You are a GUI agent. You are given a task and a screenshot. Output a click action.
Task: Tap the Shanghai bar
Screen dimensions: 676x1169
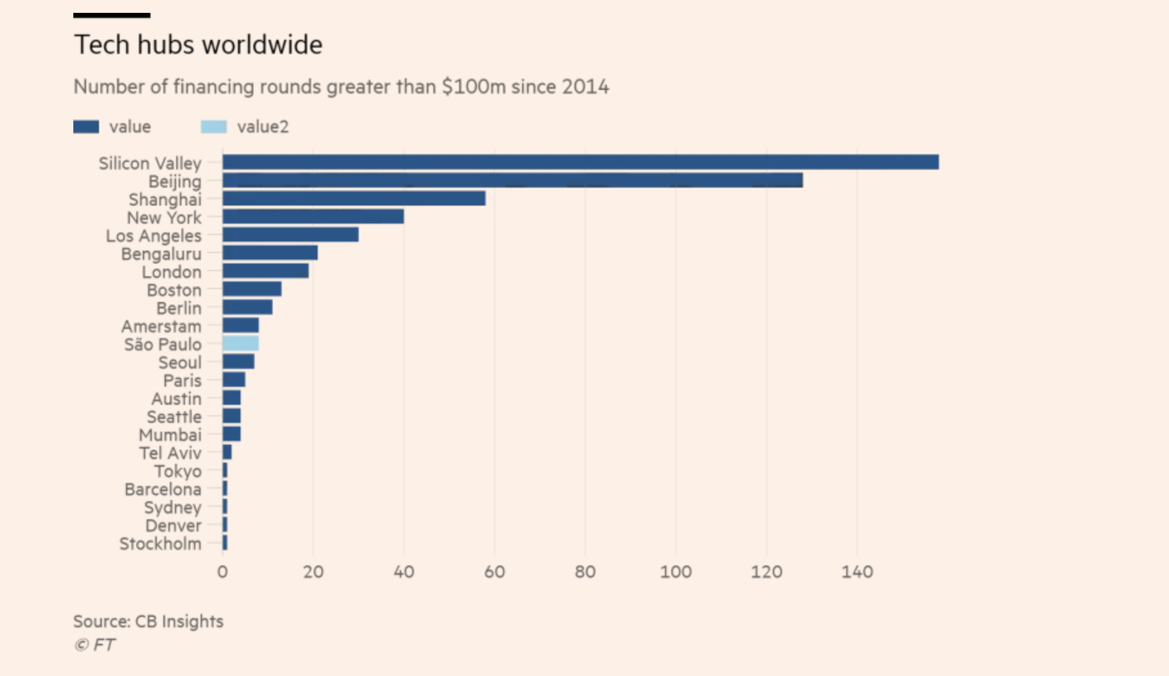(x=354, y=199)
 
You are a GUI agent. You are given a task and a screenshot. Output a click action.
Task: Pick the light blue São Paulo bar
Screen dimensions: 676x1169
(x=240, y=343)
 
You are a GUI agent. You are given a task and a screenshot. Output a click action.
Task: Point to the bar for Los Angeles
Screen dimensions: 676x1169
(x=291, y=235)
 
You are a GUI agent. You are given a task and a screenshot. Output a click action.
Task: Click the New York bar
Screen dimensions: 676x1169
(x=313, y=217)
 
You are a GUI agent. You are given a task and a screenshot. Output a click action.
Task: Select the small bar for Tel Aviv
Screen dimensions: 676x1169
(x=227, y=452)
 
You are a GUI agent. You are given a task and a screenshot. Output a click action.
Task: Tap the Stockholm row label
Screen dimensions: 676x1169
(x=160, y=544)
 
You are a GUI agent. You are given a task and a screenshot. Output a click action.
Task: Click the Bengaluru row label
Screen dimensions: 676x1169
(x=161, y=254)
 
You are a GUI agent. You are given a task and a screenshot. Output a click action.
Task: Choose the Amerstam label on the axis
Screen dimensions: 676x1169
(x=161, y=326)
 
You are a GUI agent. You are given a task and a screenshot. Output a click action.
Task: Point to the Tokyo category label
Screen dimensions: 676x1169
(x=177, y=471)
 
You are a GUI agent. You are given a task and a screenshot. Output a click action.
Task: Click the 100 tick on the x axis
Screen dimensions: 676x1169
(x=676, y=572)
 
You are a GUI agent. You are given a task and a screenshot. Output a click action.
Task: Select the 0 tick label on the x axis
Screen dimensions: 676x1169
(x=222, y=572)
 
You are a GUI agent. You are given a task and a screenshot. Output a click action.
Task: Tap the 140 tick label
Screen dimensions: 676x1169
(x=857, y=572)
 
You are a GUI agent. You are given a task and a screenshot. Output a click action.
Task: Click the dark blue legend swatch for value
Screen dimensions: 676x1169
(x=86, y=127)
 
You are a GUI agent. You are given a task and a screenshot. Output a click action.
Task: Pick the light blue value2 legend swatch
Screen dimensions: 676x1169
(x=213, y=127)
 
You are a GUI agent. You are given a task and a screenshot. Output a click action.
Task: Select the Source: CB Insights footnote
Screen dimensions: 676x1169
(x=148, y=621)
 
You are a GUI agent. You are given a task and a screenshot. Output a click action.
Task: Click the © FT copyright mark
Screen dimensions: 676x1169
(x=95, y=645)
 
